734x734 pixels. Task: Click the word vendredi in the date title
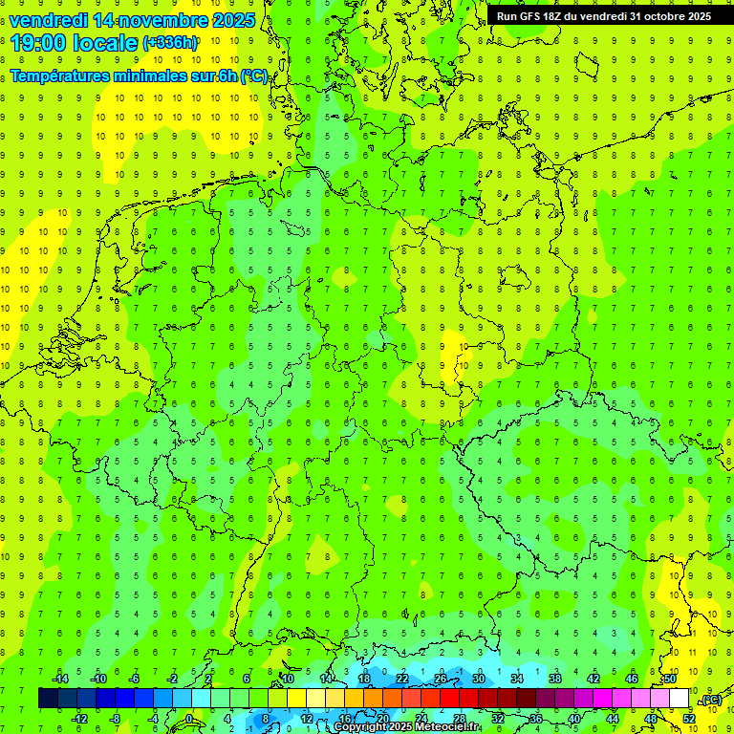49,20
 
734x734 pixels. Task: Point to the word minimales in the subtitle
142,76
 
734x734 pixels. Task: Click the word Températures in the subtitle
58,76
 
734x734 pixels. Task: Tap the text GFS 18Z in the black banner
538,16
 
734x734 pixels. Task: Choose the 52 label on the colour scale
688,718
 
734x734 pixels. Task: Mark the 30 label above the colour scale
478,679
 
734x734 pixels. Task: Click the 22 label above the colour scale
401,679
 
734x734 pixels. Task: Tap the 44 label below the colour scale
612,718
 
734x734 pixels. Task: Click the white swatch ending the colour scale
679,698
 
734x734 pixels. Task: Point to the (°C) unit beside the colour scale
710,700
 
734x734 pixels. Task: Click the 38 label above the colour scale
554,679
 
